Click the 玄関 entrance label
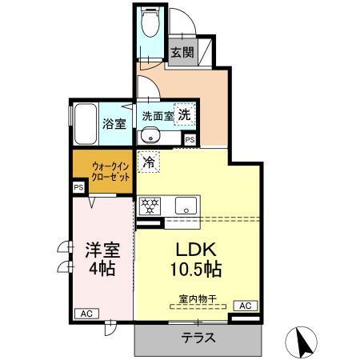[x=182, y=53]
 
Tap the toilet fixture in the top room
[x=150, y=25]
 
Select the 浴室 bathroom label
[x=114, y=124]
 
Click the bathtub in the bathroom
[x=86, y=122]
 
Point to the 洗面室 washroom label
[x=158, y=116]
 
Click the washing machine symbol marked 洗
[x=185, y=115]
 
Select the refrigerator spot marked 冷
[x=149, y=161]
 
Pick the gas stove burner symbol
[x=149, y=205]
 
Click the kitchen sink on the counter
[x=186, y=205]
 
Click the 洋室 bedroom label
[x=102, y=249]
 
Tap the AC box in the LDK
[x=244, y=306]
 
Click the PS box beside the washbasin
[x=190, y=139]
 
